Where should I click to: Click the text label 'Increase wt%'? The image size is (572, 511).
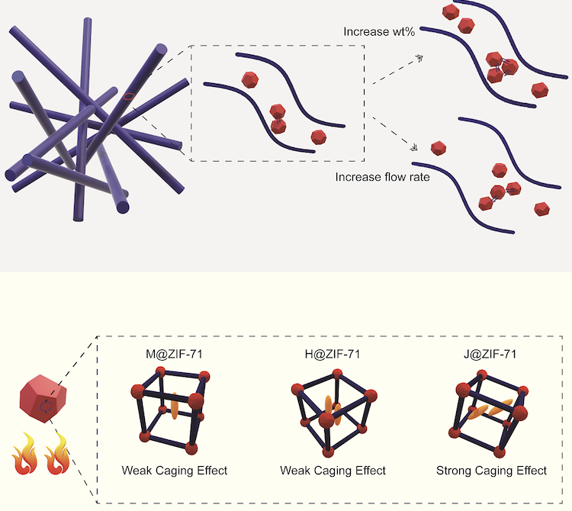[x=379, y=32]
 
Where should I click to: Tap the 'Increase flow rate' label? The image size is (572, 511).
[x=382, y=177]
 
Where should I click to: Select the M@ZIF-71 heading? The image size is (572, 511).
[x=174, y=354]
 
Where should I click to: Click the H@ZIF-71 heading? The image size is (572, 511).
[x=333, y=354]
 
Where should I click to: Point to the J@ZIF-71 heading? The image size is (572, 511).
[x=490, y=354]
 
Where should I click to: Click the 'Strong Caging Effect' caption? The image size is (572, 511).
[x=491, y=471]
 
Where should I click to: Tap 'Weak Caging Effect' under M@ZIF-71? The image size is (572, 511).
[x=175, y=471]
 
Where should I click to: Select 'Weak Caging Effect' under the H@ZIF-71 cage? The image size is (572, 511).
[x=333, y=471]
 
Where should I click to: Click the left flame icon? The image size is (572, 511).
[x=25, y=454]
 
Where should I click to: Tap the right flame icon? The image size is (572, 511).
[x=57, y=454]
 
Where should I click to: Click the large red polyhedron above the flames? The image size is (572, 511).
[x=43, y=398]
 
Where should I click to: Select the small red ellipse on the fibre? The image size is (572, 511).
[x=128, y=96]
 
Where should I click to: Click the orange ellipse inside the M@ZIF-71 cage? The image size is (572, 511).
[x=174, y=406]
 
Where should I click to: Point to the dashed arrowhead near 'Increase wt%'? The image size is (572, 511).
[x=419, y=58]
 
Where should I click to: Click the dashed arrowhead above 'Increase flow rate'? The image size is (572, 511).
[x=414, y=147]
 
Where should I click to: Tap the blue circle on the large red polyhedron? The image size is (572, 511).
[x=46, y=407]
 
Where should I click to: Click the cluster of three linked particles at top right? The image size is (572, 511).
[x=502, y=67]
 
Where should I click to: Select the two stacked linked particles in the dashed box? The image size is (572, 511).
[x=278, y=119]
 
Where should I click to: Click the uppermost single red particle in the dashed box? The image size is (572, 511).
[x=250, y=80]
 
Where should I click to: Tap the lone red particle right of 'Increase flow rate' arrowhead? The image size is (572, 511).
[x=439, y=149]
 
